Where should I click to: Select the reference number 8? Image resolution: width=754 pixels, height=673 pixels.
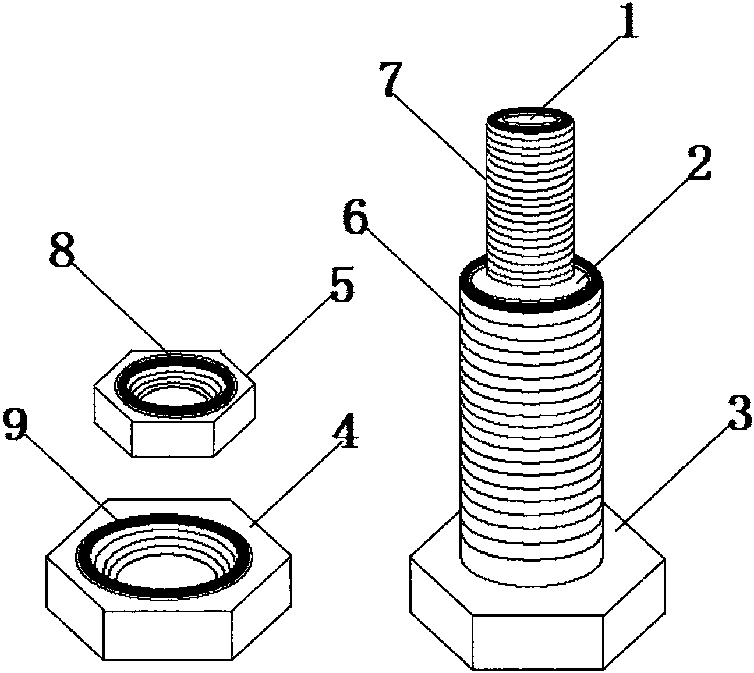click(62, 249)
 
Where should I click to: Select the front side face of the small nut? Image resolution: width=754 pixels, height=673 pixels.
click(173, 439)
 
